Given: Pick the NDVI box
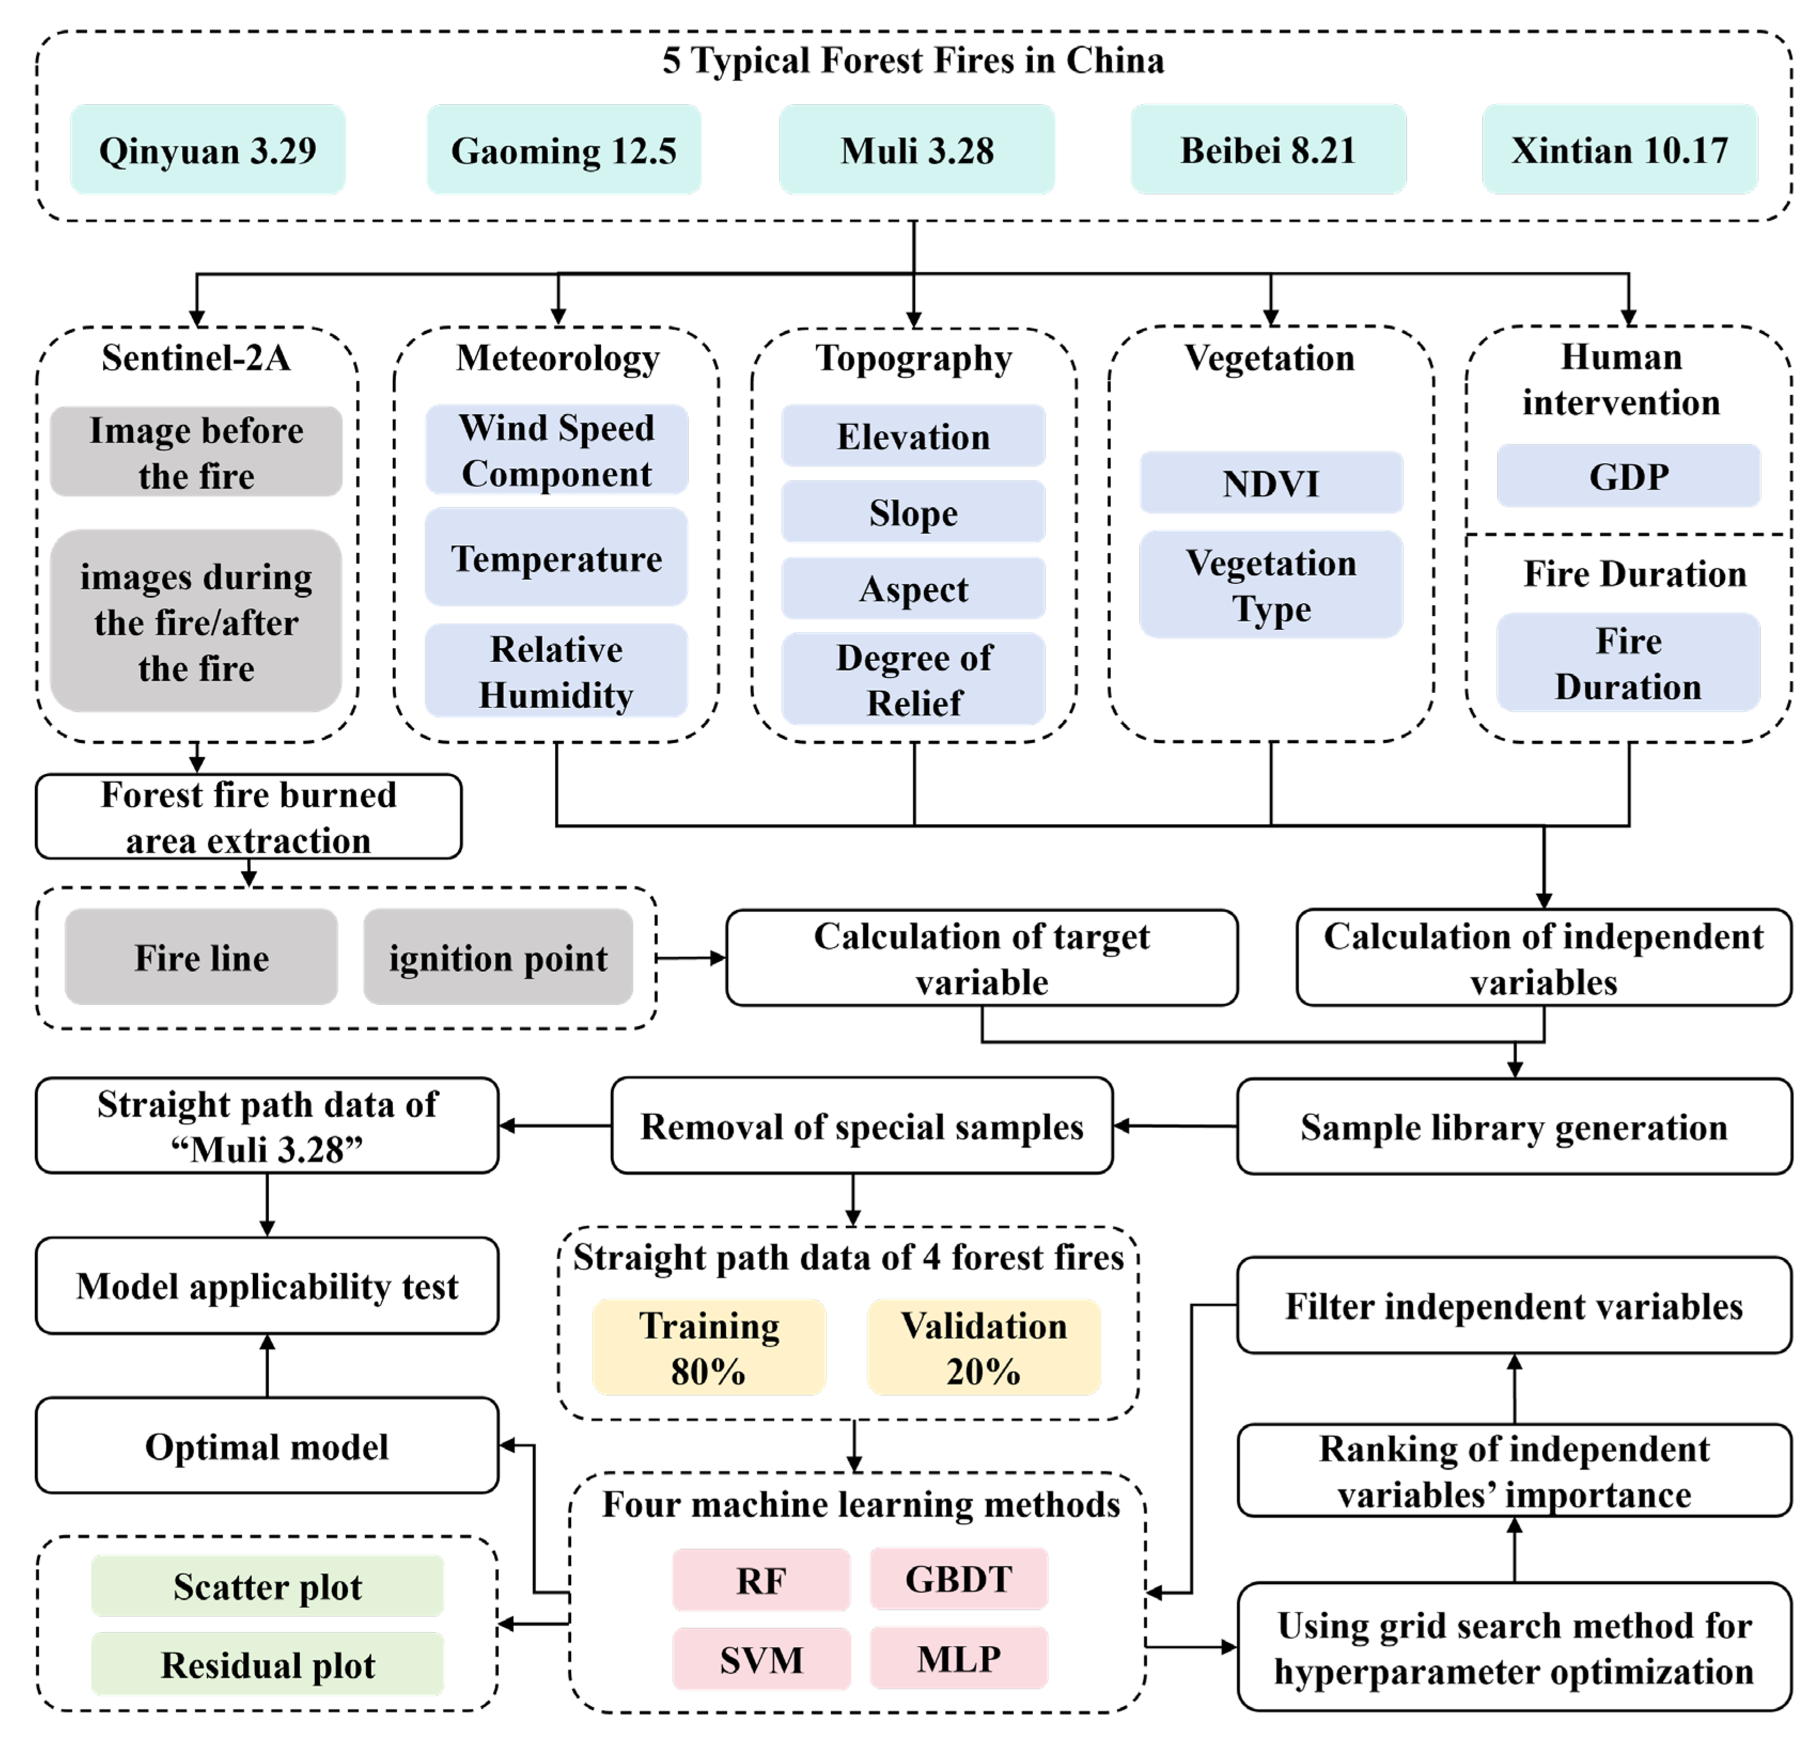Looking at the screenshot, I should click(x=1270, y=482).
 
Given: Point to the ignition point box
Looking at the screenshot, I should click(x=498, y=956).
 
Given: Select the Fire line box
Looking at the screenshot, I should click(x=201, y=956).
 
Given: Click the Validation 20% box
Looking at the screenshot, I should click(x=983, y=1347).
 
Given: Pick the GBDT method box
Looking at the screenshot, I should click(x=958, y=1579).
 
